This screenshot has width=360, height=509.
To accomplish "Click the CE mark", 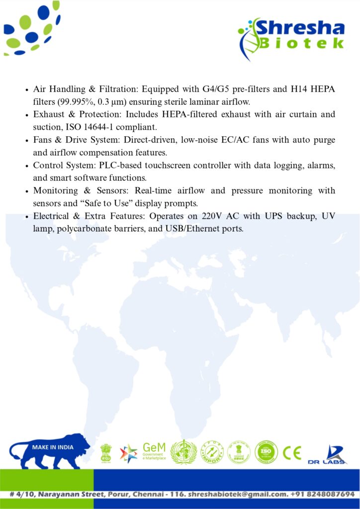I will click(292, 452).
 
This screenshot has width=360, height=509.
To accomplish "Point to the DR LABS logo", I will click(328, 454).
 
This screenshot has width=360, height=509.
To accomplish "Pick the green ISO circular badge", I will click(265, 452).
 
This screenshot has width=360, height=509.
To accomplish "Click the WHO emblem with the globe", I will click(183, 452).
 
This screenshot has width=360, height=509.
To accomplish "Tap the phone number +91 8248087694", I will click(324, 494).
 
